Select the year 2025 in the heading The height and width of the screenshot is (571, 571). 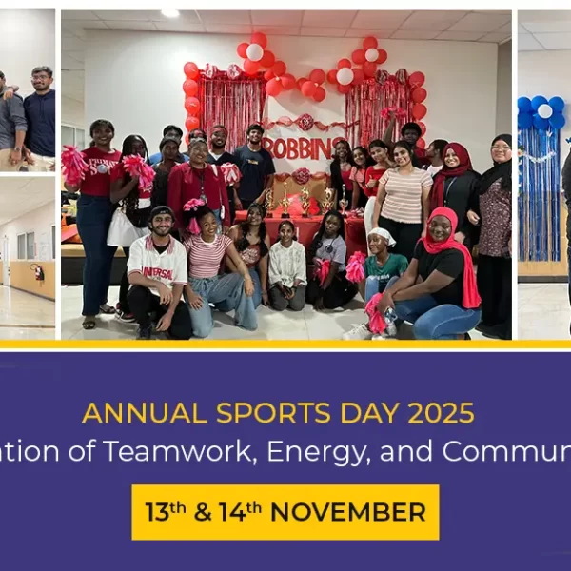click(433, 412)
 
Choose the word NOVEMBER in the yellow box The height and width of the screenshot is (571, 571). click(347, 512)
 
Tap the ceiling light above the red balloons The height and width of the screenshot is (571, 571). click(169, 13)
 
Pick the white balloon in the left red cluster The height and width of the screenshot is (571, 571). click(255, 52)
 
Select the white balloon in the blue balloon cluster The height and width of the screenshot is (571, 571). click(544, 110)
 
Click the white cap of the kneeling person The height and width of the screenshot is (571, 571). click(382, 235)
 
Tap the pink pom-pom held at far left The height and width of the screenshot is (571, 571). click(73, 164)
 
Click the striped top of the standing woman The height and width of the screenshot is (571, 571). click(406, 194)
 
